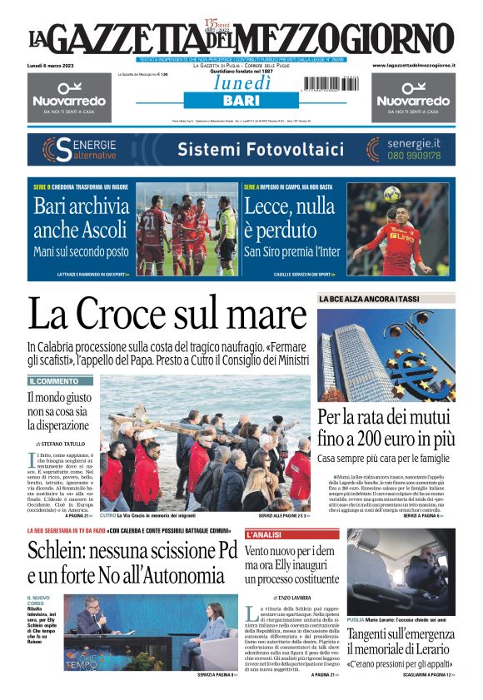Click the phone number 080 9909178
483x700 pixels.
click(x=413, y=155)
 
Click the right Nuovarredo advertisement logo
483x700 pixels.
click(x=413, y=97)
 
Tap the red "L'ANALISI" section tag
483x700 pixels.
click(x=266, y=534)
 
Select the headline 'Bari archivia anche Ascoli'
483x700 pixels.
click(x=82, y=218)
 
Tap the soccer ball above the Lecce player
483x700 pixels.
click(x=391, y=194)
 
